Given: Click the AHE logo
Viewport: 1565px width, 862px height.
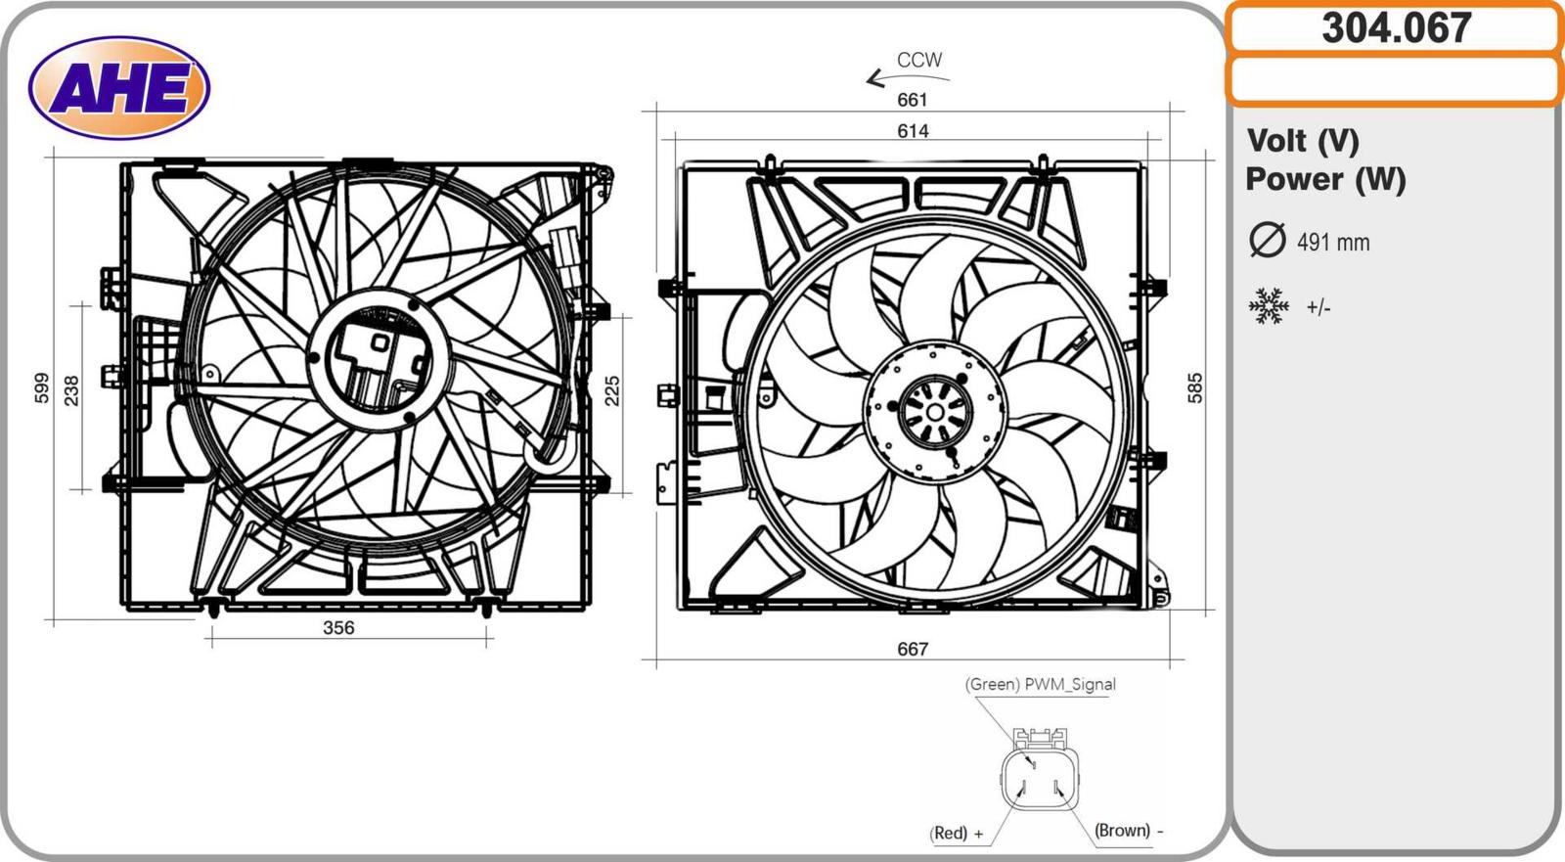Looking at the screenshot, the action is coord(119,88).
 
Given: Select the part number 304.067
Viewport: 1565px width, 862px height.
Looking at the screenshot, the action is coord(1397,28).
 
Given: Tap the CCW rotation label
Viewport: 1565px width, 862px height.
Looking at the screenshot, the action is coord(919,60).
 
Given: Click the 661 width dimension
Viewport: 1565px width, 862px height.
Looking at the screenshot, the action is coord(913,100).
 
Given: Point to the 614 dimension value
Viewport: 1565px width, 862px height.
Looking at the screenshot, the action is coord(914,131).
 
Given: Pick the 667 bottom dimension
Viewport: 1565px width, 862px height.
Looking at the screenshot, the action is coord(913,650).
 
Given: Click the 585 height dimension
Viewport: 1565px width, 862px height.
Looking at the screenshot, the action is coord(1195,388).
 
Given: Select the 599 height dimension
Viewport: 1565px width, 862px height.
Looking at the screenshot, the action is coord(42,388).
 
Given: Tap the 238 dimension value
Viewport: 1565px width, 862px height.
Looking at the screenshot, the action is coord(72,390).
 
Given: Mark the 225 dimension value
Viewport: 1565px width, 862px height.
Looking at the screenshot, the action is coord(612,390).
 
